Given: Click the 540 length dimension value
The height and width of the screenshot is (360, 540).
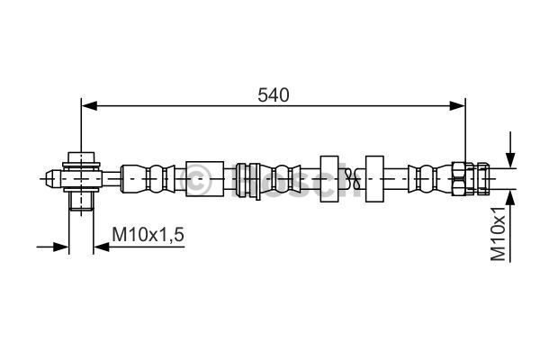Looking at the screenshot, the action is click(x=274, y=95).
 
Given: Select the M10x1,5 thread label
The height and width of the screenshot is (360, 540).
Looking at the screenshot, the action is click(x=148, y=235).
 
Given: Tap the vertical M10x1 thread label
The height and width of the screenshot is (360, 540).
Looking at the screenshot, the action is click(x=499, y=234).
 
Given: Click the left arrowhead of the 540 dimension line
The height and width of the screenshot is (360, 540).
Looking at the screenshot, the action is click(x=89, y=106).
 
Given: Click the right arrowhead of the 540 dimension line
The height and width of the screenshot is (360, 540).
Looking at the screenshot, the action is click(x=457, y=106).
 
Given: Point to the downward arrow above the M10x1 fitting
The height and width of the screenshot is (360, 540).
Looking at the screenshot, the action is click(x=510, y=149).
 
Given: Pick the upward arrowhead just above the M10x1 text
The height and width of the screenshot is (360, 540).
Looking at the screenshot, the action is click(x=510, y=198).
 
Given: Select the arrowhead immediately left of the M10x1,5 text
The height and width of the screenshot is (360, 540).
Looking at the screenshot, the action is click(x=102, y=247).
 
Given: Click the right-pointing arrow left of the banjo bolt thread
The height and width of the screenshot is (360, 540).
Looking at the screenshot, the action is click(x=53, y=247).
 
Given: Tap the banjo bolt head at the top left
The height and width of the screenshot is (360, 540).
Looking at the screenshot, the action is click(x=81, y=157).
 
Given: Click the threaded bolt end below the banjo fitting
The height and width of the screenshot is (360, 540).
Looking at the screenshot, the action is click(x=81, y=201).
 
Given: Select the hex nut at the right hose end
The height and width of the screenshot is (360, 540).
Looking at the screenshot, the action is click(x=459, y=179).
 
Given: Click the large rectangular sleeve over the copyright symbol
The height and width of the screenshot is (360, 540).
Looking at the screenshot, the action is click(x=205, y=179).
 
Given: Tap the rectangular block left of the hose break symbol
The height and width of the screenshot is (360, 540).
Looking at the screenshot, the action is click(x=329, y=179).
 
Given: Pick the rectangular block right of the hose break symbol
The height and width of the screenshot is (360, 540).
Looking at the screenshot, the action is click(x=374, y=179).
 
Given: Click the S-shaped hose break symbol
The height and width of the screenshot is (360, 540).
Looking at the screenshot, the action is click(x=352, y=179).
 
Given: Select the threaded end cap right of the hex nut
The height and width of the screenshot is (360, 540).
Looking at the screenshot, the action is click(x=482, y=179).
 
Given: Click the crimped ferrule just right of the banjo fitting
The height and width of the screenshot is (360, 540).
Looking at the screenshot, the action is click(x=148, y=179).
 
